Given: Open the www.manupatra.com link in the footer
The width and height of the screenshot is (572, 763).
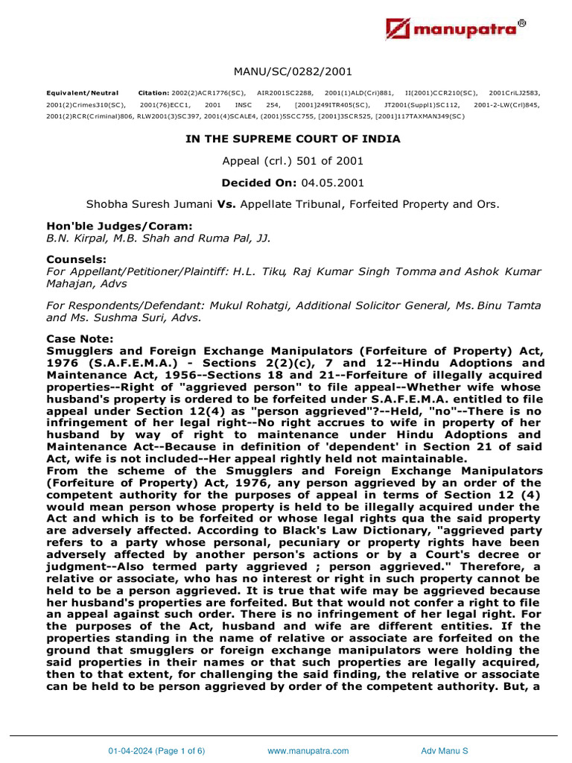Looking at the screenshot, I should (308, 751).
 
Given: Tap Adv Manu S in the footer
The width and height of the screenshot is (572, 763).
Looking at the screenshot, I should (445, 751).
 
